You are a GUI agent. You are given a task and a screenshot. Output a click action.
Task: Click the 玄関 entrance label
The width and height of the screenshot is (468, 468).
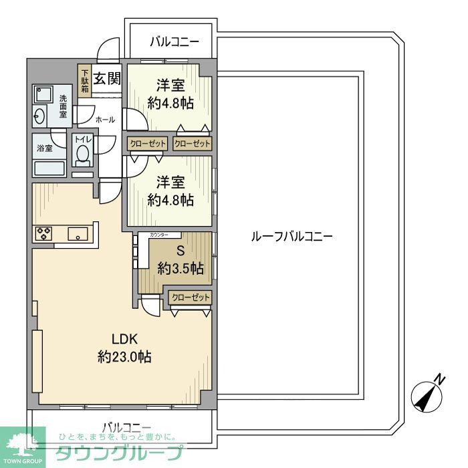tap(107, 79)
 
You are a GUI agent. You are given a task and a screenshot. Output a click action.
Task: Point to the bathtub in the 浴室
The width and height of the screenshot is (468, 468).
tap(48, 168)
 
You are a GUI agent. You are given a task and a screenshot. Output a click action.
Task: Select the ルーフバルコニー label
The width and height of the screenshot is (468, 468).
tap(291, 236)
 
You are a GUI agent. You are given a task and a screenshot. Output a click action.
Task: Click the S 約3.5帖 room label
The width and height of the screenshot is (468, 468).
tap(180, 261)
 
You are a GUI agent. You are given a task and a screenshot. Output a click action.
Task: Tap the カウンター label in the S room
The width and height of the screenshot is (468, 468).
tap(164, 235)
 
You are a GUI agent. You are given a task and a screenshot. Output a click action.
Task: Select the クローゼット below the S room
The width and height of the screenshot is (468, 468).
tap(191, 298)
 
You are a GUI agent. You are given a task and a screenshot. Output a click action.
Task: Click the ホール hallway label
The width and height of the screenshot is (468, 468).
tap(105, 120)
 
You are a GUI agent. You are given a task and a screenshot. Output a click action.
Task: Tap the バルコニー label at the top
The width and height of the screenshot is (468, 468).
tap(174, 42)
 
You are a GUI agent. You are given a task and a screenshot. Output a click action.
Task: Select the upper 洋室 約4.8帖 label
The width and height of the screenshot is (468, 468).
tap(170, 94)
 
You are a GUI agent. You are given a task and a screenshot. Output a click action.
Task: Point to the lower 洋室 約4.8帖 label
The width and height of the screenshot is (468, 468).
tap(170, 191)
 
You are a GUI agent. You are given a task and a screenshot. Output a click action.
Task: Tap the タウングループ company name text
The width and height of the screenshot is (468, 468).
tap(118, 453)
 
